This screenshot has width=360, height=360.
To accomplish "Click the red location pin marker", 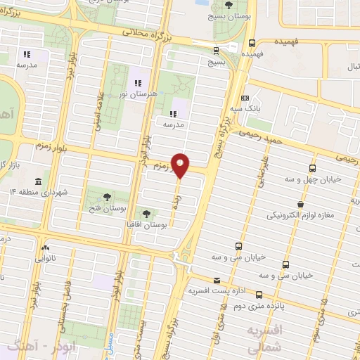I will (181, 165).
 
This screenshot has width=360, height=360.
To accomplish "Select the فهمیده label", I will (252, 53).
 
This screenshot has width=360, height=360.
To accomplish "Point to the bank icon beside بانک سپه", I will (244, 98).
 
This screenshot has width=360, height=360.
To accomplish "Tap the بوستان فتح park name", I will (107, 208).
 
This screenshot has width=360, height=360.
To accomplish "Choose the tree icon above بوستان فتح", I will (107, 198).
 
